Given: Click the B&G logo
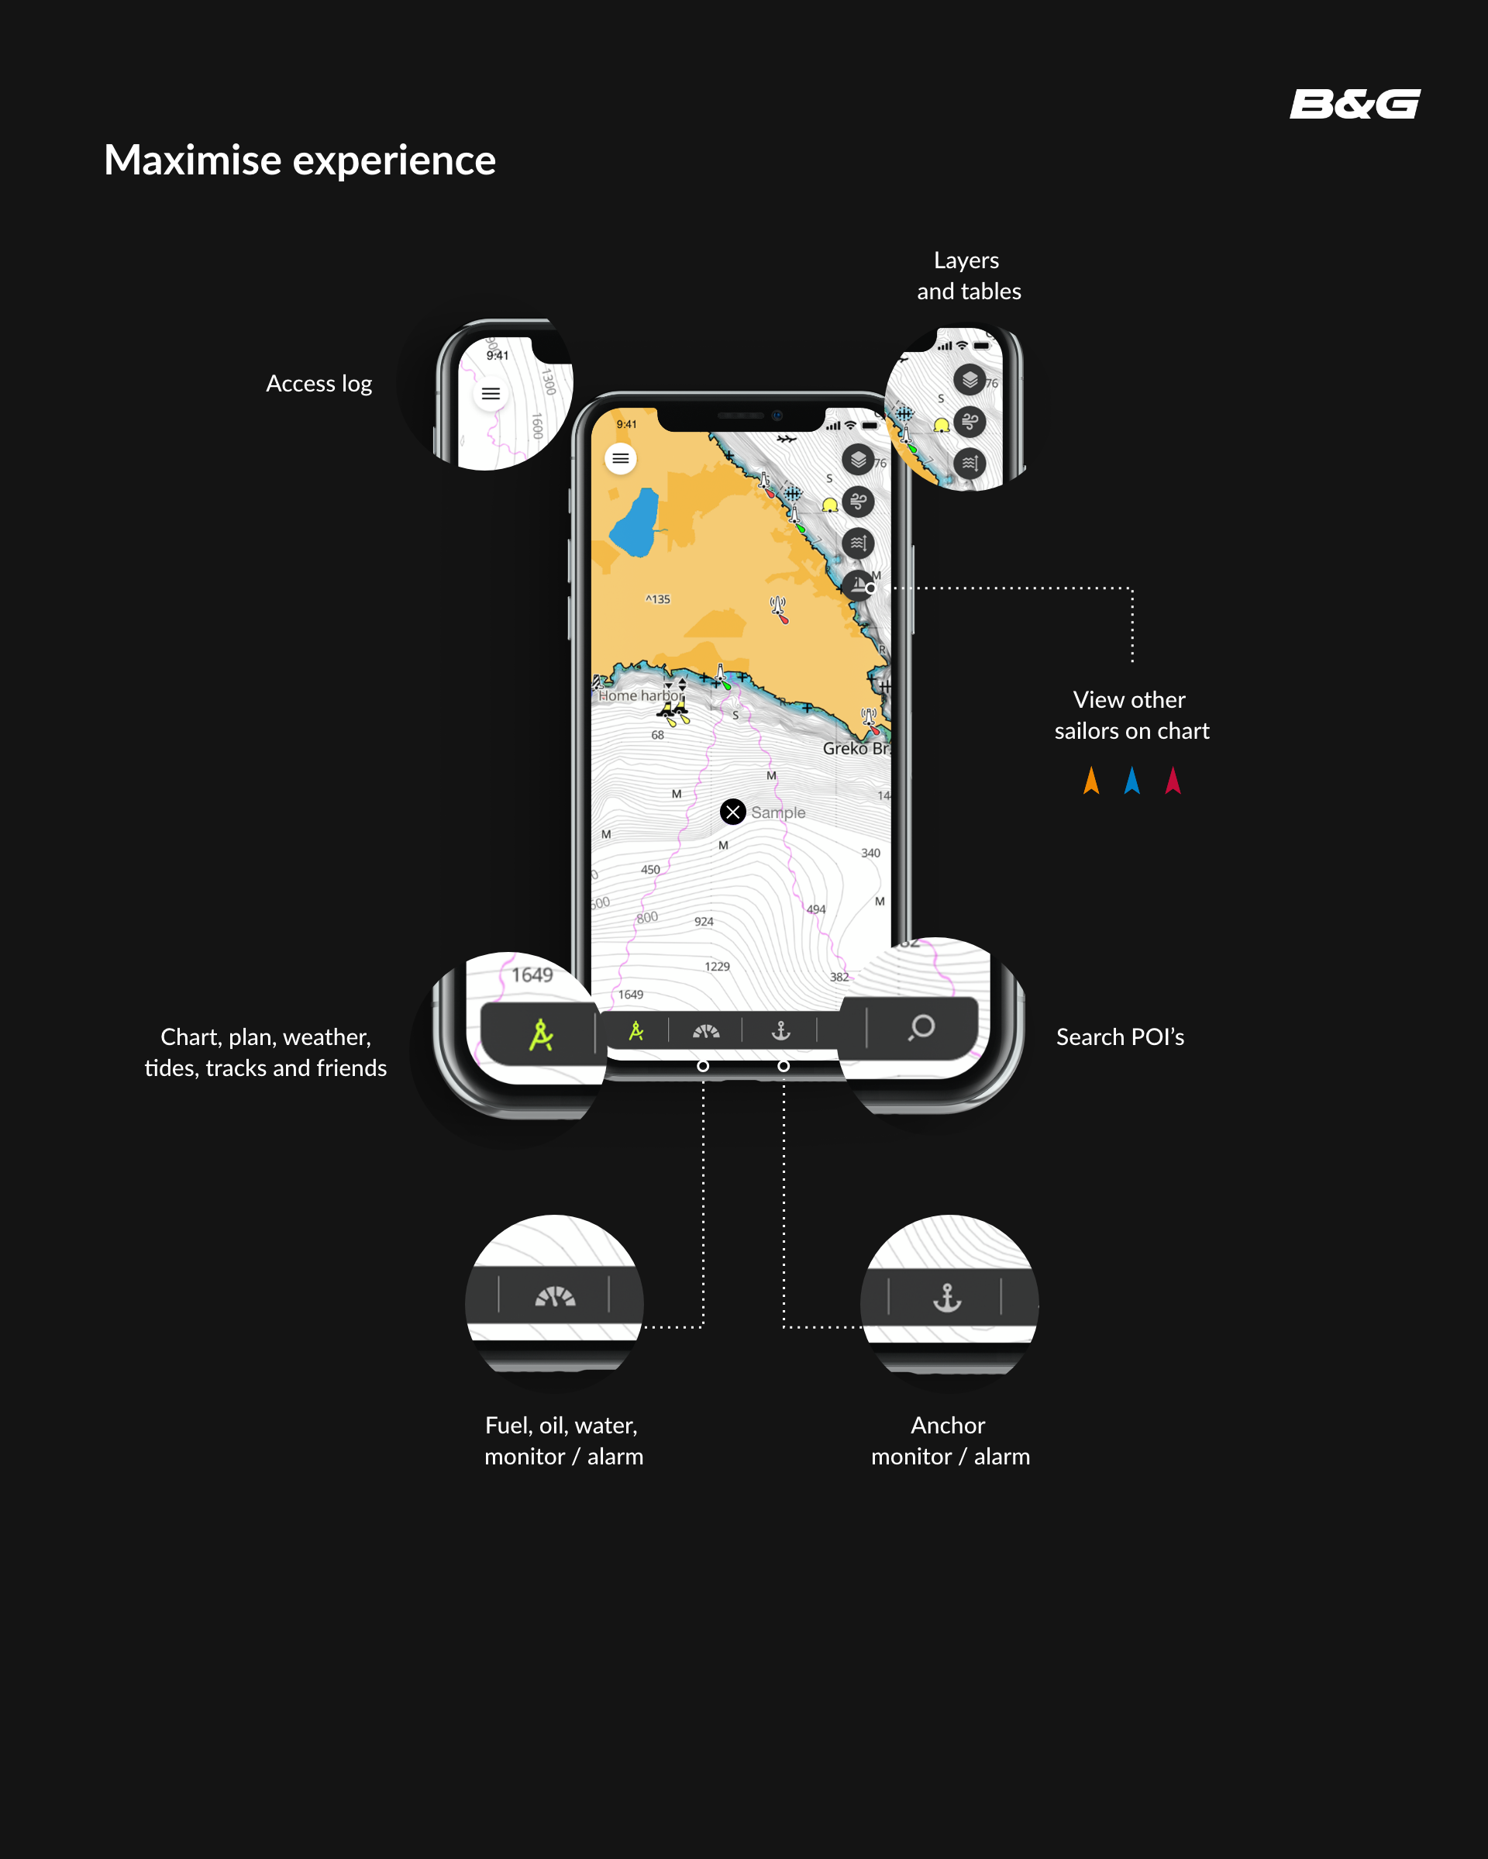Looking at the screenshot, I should click(x=1355, y=105).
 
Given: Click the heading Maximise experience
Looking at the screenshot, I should click(x=299, y=160).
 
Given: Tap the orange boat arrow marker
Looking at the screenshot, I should click(x=1091, y=781).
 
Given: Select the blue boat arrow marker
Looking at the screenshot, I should click(x=1132, y=781).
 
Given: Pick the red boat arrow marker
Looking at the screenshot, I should click(x=1173, y=781).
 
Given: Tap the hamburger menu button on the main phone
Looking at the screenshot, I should click(x=621, y=459).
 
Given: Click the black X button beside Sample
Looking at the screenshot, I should click(x=733, y=812).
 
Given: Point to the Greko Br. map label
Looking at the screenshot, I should click(x=855, y=748).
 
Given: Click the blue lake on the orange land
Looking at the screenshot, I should click(x=635, y=523).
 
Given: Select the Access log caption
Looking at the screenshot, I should click(x=319, y=384).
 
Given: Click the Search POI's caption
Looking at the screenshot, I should click(x=1120, y=1036).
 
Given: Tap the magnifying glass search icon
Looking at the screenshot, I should click(x=921, y=1027).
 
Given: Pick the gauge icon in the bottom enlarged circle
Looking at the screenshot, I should click(x=555, y=1296).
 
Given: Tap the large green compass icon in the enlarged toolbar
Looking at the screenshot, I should click(x=540, y=1035).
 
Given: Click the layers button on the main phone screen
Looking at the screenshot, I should click(x=858, y=460).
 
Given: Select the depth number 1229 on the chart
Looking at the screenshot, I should click(x=716, y=967).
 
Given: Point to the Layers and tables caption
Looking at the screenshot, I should click(x=968, y=276).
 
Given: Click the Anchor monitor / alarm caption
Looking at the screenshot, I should click(x=950, y=1441).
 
